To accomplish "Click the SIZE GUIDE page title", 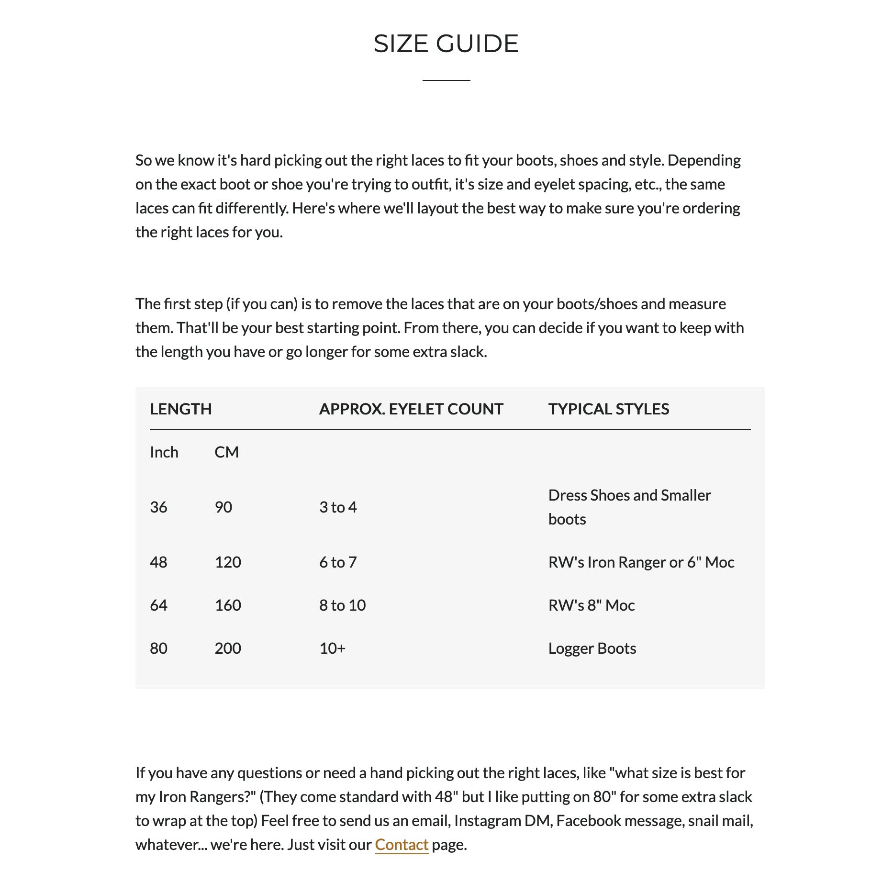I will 446,44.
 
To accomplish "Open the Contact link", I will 401,845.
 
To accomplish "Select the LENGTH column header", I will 180,409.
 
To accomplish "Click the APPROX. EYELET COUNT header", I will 411,409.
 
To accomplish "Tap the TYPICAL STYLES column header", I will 608,409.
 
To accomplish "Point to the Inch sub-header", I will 164,452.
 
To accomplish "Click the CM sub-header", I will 226,452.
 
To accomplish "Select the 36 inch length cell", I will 158,507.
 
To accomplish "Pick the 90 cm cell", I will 223,507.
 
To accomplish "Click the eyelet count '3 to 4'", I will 338,507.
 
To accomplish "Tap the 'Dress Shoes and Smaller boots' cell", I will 629,507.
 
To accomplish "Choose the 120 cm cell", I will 228,562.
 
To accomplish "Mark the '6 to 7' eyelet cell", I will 338,562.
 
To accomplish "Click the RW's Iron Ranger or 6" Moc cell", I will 641,562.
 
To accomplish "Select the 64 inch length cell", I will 158,605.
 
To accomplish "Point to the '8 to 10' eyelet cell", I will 342,605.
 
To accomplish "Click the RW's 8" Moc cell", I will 592,605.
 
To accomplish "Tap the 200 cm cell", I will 228,648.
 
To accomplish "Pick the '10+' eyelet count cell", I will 332,648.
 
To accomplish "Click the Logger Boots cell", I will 592,648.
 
